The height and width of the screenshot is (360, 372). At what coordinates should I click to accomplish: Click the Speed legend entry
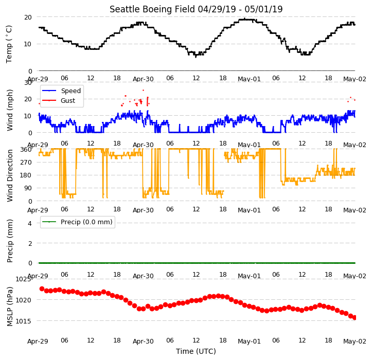(61, 91)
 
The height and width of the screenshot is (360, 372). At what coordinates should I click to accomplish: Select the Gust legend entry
(58, 101)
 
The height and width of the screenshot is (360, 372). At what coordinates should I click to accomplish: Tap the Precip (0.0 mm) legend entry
(77, 222)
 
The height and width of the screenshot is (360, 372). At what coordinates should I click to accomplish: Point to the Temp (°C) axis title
(9, 44)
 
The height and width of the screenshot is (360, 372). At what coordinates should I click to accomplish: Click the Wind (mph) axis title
(10, 110)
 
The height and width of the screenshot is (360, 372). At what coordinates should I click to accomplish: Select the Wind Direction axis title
(10, 176)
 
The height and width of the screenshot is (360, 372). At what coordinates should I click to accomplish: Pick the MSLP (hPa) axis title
(10, 307)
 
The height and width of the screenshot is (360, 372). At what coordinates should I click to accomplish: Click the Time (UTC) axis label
(196, 351)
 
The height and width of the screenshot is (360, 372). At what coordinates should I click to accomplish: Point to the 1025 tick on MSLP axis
(23, 279)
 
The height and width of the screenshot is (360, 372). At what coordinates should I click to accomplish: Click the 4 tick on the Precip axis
(30, 223)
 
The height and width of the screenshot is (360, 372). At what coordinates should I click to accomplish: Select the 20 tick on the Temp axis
(28, 17)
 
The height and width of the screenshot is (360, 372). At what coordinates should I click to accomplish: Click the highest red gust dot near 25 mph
(144, 91)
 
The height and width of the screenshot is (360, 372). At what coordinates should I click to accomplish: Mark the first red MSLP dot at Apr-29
(42, 289)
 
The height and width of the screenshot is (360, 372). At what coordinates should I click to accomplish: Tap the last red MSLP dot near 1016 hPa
(355, 317)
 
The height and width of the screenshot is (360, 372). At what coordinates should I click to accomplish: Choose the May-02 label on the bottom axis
(355, 341)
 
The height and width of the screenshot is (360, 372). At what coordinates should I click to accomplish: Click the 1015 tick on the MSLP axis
(23, 321)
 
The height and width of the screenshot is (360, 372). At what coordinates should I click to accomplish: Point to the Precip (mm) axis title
(10, 241)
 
